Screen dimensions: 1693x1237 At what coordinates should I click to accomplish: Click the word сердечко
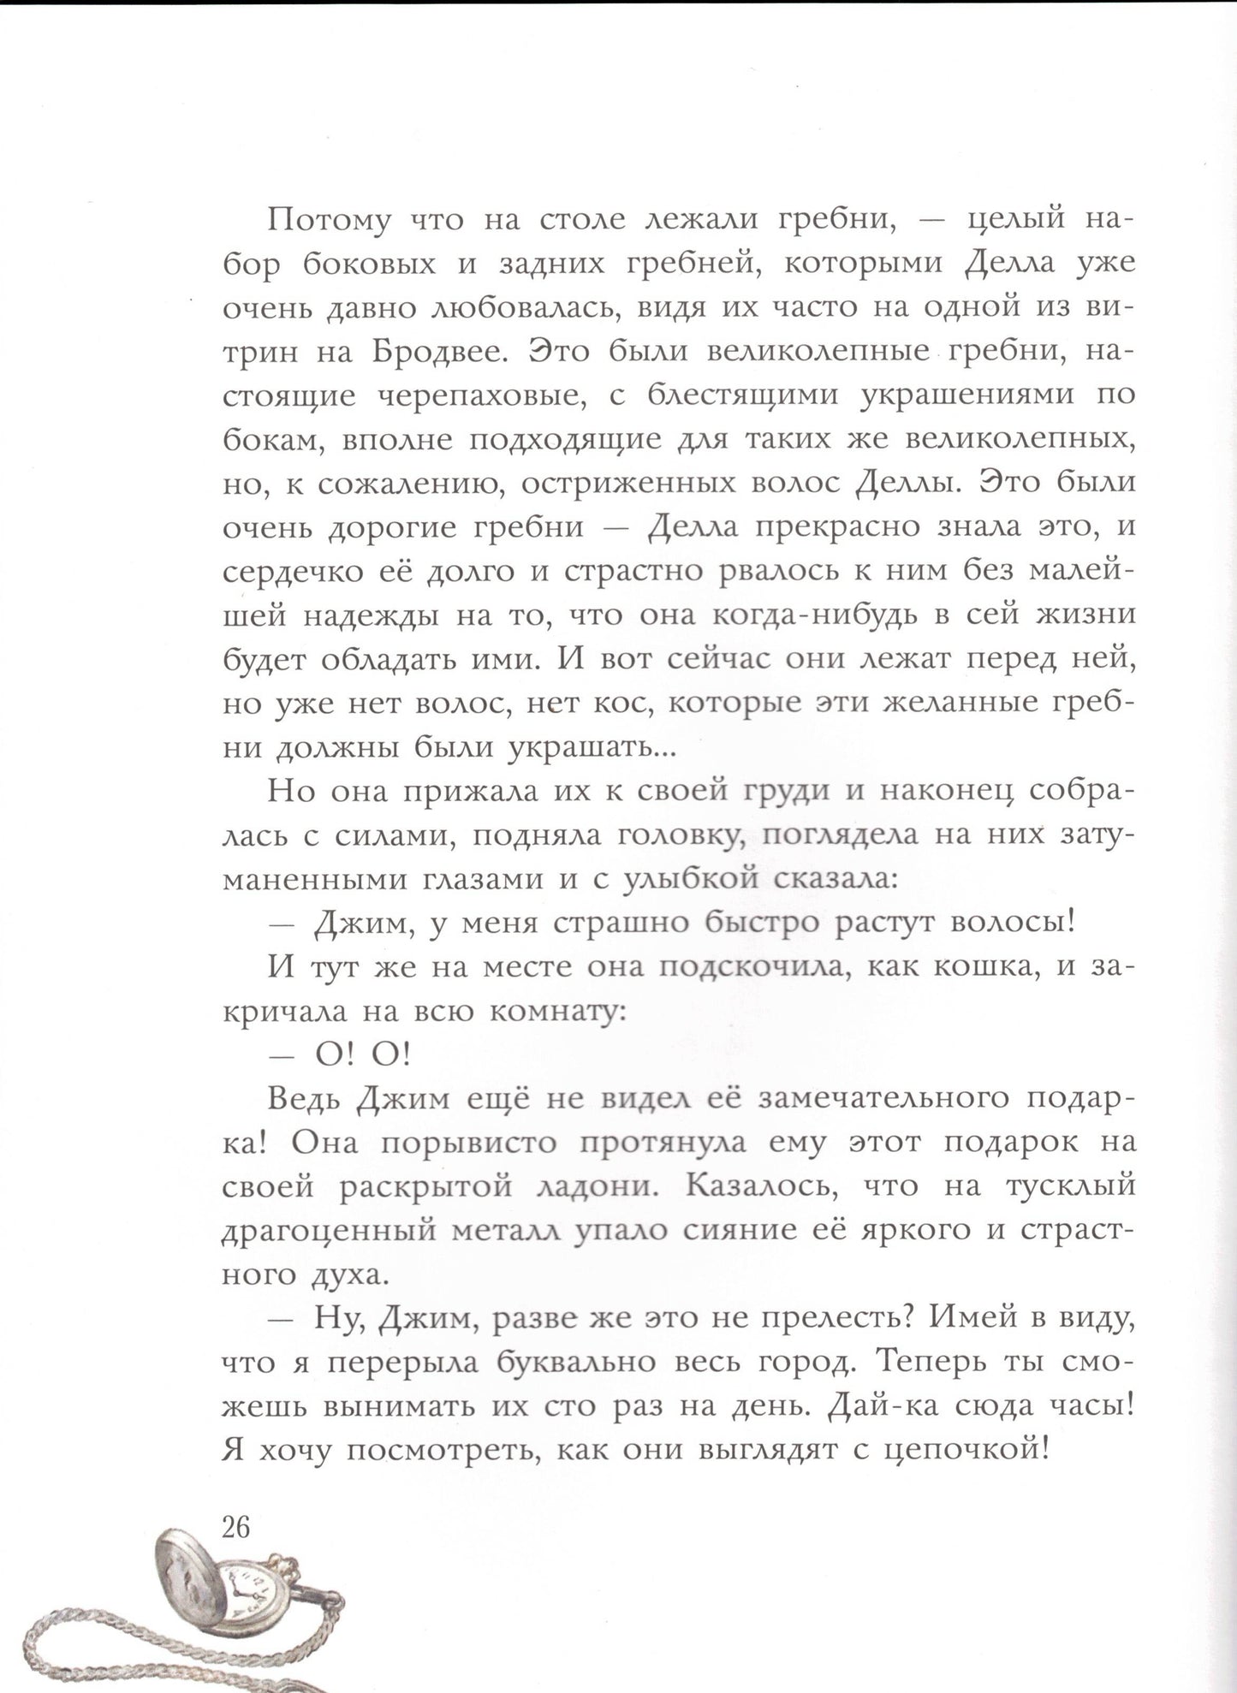pyautogui.click(x=286, y=572)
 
